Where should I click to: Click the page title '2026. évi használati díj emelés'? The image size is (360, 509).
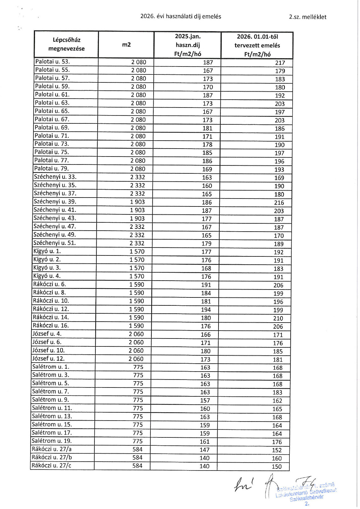pos(181,16)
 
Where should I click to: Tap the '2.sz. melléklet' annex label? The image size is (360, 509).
pos(308,17)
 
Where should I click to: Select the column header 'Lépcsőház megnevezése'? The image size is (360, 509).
pos(66,44)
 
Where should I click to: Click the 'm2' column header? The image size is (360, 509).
pos(126,45)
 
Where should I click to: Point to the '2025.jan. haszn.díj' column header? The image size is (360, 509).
pos(188,45)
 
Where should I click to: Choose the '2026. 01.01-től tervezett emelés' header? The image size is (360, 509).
pos(257,45)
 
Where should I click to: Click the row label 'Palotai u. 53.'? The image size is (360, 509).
pos(52,62)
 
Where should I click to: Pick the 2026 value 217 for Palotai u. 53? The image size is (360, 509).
pos(280,63)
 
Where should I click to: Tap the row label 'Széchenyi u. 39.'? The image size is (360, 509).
pos(55,202)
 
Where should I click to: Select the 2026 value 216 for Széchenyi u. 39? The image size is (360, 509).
pos(279,203)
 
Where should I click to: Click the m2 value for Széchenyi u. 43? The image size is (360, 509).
pos(137,219)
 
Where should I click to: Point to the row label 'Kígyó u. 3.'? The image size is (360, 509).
pos(47,268)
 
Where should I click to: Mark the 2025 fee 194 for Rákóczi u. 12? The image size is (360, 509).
pos(206,310)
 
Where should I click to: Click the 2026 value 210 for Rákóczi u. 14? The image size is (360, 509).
pos(278,318)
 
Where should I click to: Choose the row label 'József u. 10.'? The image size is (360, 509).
pos(48,350)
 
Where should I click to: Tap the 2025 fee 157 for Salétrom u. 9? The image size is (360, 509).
pos(205,400)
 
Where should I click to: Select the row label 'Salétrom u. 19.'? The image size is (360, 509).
pos(52,441)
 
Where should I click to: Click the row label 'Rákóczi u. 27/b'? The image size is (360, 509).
pos(52,457)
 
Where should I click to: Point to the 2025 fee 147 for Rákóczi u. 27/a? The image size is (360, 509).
pos(204,450)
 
